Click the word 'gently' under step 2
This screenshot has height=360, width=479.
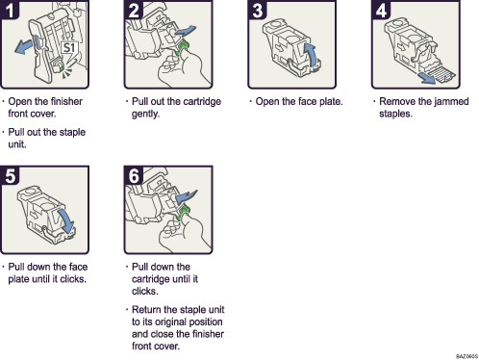click(142, 113)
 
